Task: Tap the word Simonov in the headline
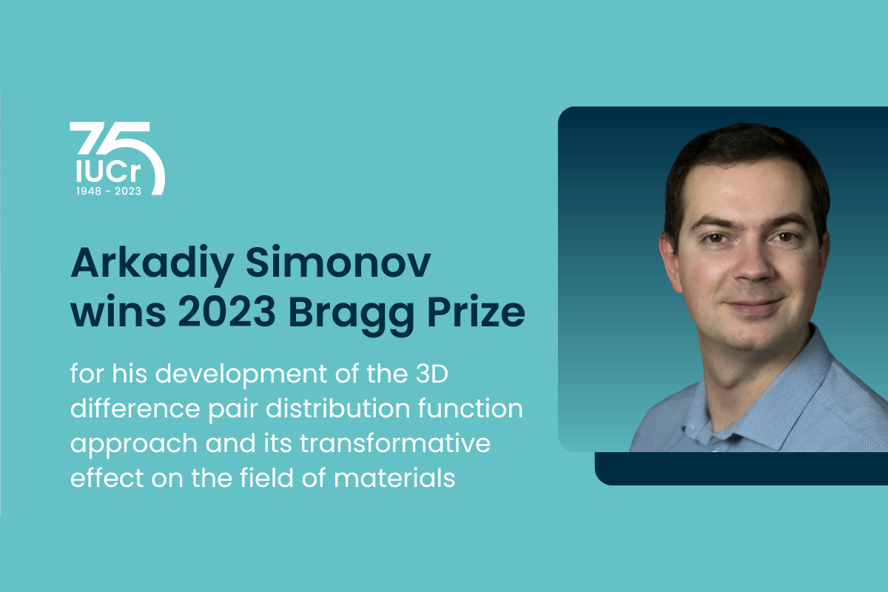pos(338,263)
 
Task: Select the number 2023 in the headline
pos(226,311)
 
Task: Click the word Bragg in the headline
pos(351,315)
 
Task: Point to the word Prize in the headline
pos(476,311)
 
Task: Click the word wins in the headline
pos(118,312)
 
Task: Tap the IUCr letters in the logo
pos(108,171)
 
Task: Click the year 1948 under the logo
pos(89,191)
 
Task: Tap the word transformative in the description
pos(395,443)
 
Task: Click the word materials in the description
pos(394,477)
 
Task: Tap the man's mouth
pos(754,305)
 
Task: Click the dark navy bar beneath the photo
pos(741,468)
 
